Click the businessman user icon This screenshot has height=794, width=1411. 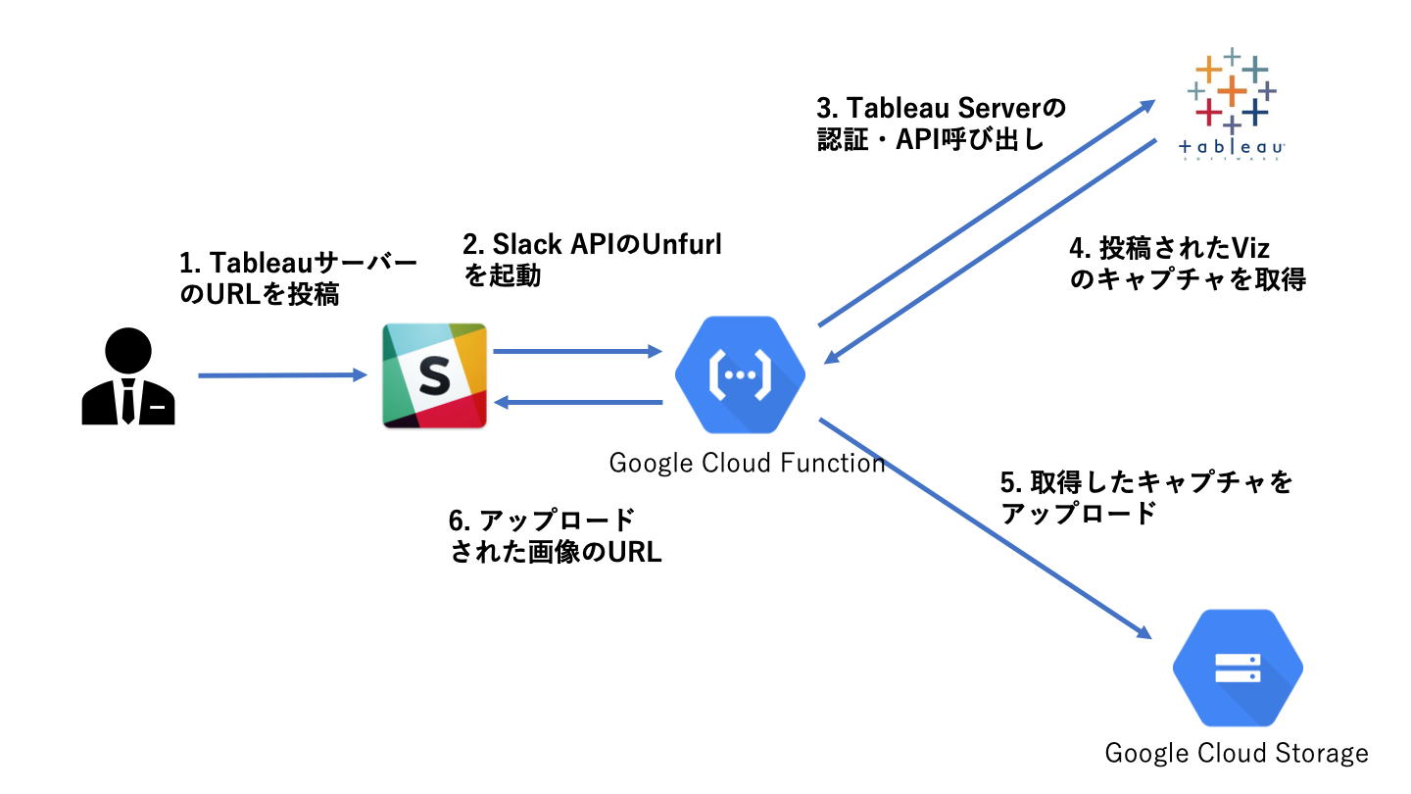[128, 376]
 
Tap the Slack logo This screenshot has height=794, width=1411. [434, 374]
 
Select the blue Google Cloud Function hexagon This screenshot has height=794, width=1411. [740, 374]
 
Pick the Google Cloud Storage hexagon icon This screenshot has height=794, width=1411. [1237, 669]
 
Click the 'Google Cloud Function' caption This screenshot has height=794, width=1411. [747, 463]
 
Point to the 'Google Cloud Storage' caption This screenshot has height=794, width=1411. [1237, 753]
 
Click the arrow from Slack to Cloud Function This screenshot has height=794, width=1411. [578, 351]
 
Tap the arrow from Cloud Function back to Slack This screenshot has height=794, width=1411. [578, 402]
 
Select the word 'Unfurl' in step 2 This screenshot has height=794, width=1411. [681, 244]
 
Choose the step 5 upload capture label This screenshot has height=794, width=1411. [1146, 497]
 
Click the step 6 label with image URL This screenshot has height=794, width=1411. [555, 535]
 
